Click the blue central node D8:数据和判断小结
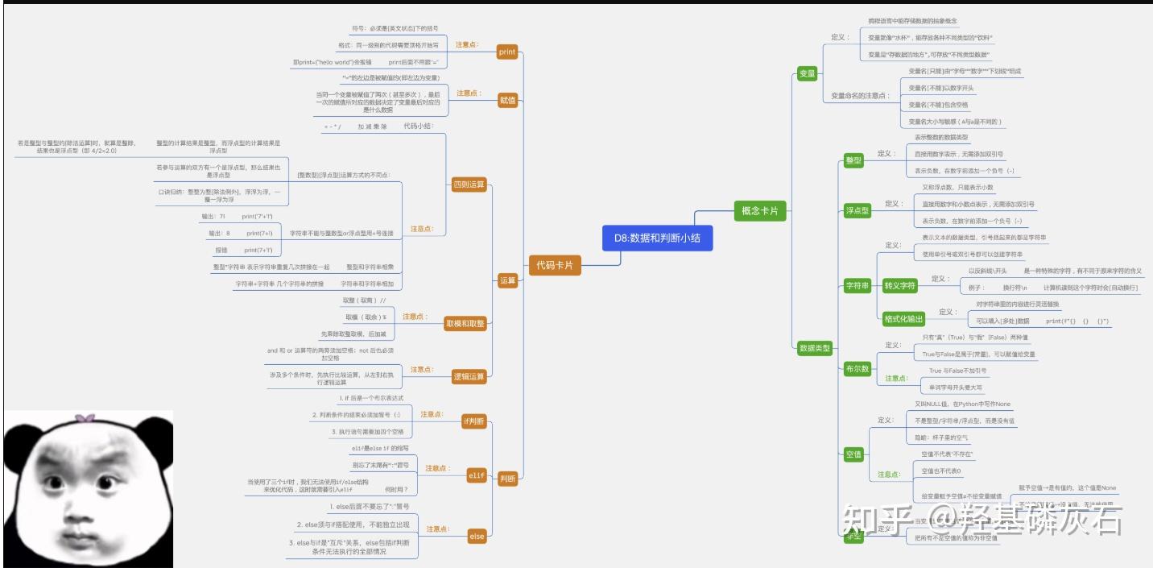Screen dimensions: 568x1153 (657, 238)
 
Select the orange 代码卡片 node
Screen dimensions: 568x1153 (555, 265)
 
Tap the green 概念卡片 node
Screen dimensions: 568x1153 (759, 211)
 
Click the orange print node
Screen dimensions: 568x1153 (507, 52)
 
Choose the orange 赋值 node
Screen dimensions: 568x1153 (507, 100)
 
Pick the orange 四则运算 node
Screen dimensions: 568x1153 (469, 184)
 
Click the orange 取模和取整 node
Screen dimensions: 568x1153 (465, 323)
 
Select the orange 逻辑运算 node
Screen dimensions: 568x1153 (469, 376)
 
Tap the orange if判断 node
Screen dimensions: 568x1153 (473, 421)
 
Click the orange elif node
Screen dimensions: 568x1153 (477, 475)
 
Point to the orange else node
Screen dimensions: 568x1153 (477, 536)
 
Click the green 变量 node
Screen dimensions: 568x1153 (807, 74)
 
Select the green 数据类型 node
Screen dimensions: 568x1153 (814, 348)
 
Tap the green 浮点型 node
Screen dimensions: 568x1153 (857, 210)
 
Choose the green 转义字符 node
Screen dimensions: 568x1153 (899, 285)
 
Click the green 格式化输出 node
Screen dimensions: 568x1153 (903, 318)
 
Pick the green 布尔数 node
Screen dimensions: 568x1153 (857, 369)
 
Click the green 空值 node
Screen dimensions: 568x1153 (853, 454)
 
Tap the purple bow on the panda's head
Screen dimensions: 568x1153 (84, 418)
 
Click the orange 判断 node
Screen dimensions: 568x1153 (507, 479)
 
